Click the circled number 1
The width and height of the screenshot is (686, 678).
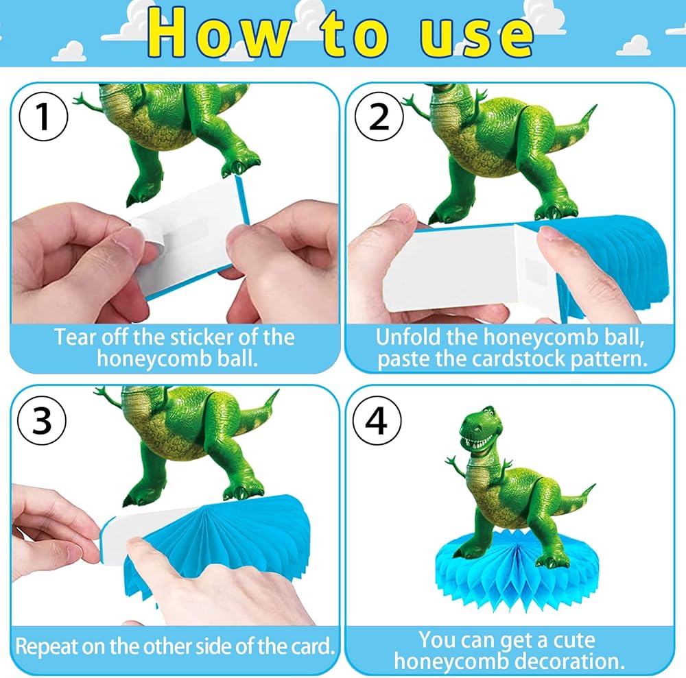click(x=43, y=117)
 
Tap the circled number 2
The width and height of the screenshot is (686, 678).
click(x=379, y=117)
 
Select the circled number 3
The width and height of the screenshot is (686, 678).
click(x=42, y=420)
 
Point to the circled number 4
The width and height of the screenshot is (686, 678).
click(x=377, y=420)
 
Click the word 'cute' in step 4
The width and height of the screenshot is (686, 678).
click(x=574, y=640)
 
